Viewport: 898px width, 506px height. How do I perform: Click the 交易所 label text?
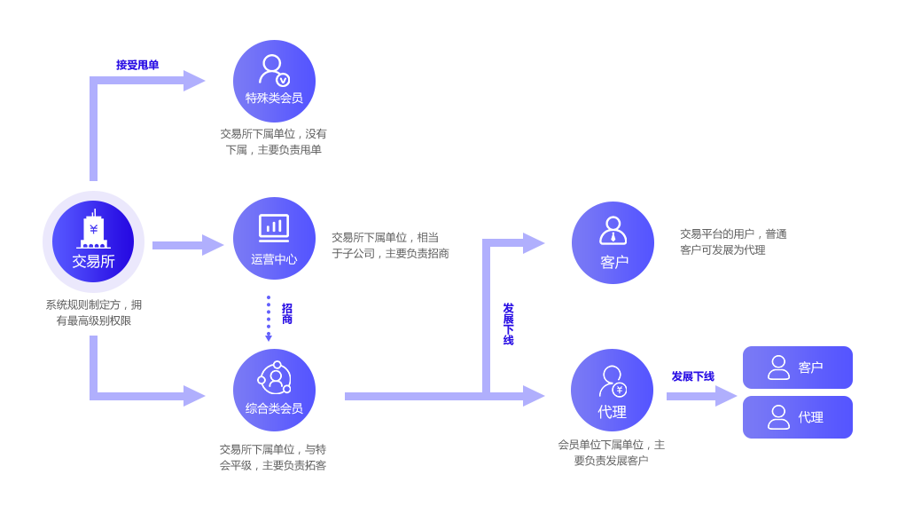(x=93, y=262)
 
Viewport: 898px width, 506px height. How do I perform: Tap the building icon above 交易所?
(x=93, y=230)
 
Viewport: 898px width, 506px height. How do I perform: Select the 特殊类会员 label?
(x=274, y=99)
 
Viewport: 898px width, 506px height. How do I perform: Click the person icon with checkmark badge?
(x=273, y=70)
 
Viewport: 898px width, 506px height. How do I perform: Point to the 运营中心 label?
(x=274, y=260)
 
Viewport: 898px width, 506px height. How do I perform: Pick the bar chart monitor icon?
(x=274, y=228)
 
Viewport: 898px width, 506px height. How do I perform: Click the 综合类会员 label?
(x=274, y=408)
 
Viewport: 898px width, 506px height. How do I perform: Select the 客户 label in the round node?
(x=614, y=262)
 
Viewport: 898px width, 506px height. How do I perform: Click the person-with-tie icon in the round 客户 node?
(x=613, y=230)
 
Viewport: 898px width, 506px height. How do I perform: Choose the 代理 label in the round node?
(x=612, y=413)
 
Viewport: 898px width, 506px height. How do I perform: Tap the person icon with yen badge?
(x=612, y=382)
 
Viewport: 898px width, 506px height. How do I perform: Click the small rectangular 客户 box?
(x=797, y=368)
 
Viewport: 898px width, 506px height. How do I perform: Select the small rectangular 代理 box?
(x=797, y=417)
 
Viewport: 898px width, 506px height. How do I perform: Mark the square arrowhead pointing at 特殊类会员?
(x=194, y=80)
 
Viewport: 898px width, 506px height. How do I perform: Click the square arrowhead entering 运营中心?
(x=213, y=244)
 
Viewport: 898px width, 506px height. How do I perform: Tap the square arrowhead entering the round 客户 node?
(x=534, y=242)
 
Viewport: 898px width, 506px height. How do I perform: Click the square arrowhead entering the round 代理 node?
(x=534, y=395)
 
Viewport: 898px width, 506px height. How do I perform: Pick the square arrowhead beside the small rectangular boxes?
(x=726, y=395)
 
